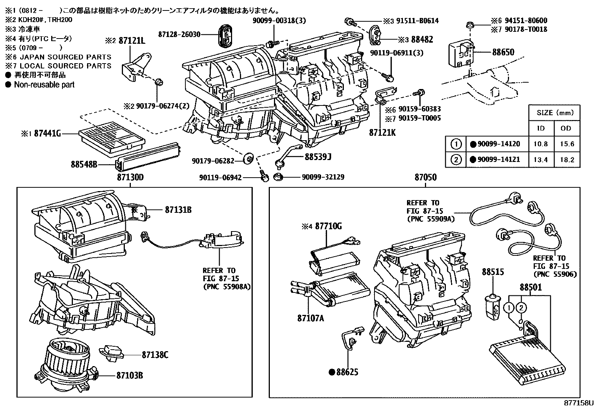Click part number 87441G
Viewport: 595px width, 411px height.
coord(47,133)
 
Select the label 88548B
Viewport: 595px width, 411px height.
coord(84,164)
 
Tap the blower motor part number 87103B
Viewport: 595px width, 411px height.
coord(130,375)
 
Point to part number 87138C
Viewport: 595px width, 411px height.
coord(155,354)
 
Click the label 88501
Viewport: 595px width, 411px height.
coord(530,287)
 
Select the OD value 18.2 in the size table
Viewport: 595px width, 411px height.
coord(567,160)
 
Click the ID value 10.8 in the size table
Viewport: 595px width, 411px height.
coord(540,144)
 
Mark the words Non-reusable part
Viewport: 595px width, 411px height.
coord(44,85)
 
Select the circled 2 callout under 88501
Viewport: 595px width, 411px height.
coord(521,307)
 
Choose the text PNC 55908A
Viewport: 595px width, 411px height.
coord(226,287)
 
